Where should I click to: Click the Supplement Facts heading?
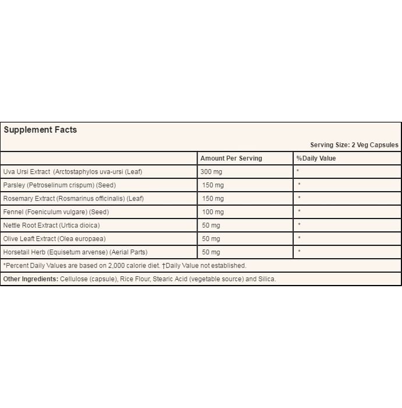coord(40,130)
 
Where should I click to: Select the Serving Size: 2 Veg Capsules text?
coord(354,145)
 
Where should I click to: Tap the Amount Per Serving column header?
coord(231,158)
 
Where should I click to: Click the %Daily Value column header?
coord(316,158)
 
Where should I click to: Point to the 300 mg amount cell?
coord(211,171)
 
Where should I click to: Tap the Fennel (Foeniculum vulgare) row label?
coord(56,212)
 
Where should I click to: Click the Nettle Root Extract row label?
coord(51,225)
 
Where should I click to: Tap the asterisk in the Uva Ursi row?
coord(298,172)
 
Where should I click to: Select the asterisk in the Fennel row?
coord(299,212)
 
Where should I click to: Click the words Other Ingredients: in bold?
coord(31,279)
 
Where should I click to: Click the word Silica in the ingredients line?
coord(265,279)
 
